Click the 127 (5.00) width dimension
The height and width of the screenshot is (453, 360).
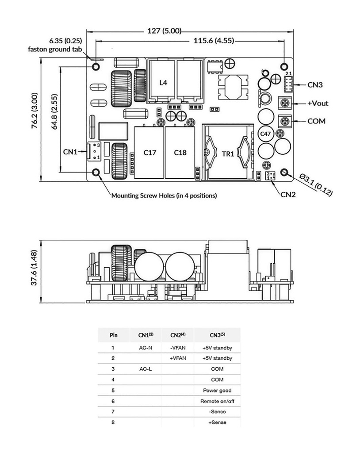164,31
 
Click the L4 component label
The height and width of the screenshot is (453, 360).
163,83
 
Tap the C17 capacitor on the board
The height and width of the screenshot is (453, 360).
150,153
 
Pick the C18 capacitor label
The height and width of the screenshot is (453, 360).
180,153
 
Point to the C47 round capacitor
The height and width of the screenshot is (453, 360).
265,134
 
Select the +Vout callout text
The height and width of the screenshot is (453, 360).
318,103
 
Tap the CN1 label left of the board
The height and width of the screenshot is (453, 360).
70,152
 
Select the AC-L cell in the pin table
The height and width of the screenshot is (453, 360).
146,369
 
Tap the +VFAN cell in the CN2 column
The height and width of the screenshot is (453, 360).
178,358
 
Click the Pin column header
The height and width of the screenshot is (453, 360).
113,335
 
